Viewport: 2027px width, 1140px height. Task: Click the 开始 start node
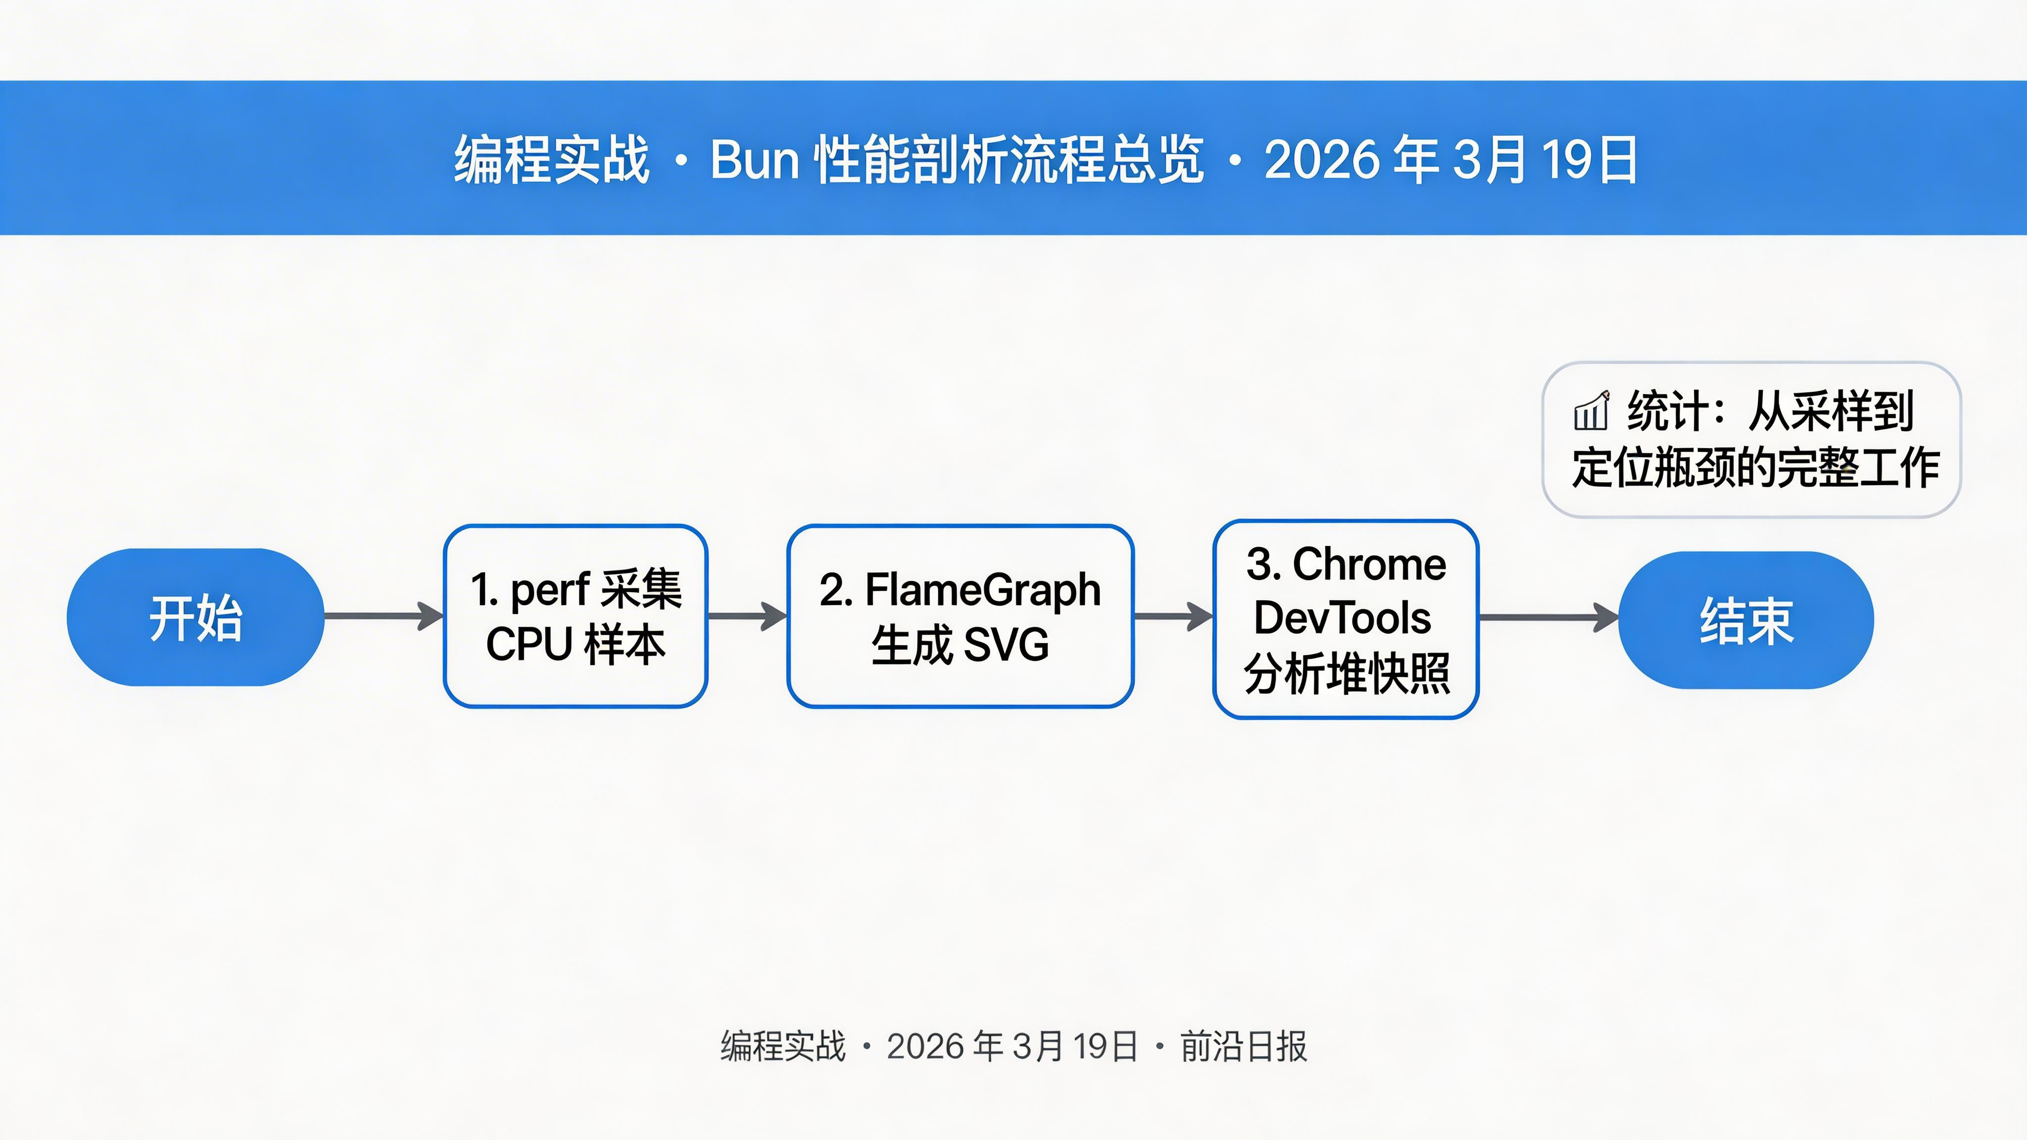click(x=195, y=617)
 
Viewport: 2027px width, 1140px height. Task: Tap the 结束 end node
click(x=1746, y=620)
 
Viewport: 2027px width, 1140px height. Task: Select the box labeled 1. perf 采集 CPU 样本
click(x=575, y=616)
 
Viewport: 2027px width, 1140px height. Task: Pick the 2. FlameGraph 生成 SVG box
click(x=960, y=616)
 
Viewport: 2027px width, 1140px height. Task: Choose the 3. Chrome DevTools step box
click(x=1346, y=619)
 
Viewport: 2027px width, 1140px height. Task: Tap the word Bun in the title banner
click(x=755, y=160)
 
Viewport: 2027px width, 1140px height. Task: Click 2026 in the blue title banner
click(x=1322, y=160)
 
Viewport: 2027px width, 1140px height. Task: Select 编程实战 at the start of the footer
click(x=783, y=1047)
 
